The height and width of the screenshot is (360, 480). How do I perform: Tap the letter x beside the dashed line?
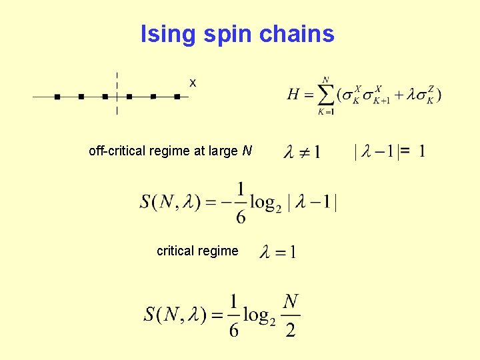pyautogui.click(x=193, y=83)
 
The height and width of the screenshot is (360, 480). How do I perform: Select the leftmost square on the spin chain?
pyautogui.click(x=57, y=97)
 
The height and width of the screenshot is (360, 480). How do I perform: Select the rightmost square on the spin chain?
pyautogui.click(x=177, y=97)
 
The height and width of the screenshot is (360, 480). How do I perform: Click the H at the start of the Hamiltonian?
pyautogui.click(x=293, y=95)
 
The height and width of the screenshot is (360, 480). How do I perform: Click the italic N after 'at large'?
pyautogui.click(x=247, y=151)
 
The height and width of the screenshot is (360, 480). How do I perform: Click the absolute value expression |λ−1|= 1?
pyautogui.click(x=390, y=152)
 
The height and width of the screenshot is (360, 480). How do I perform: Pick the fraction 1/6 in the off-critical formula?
pyautogui.click(x=241, y=203)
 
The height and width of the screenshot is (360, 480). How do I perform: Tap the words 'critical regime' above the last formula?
pyautogui.click(x=197, y=251)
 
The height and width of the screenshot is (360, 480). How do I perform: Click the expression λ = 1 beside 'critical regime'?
pyautogui.click(x=278, y=252)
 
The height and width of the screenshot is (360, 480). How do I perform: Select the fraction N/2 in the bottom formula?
pyautogui.click(x=291, y=315)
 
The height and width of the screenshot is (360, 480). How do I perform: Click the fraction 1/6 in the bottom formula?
pyautogui.click(x=233, y=315)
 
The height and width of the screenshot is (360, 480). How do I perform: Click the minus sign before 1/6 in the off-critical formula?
pyautogui.click(x=227, y=203)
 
